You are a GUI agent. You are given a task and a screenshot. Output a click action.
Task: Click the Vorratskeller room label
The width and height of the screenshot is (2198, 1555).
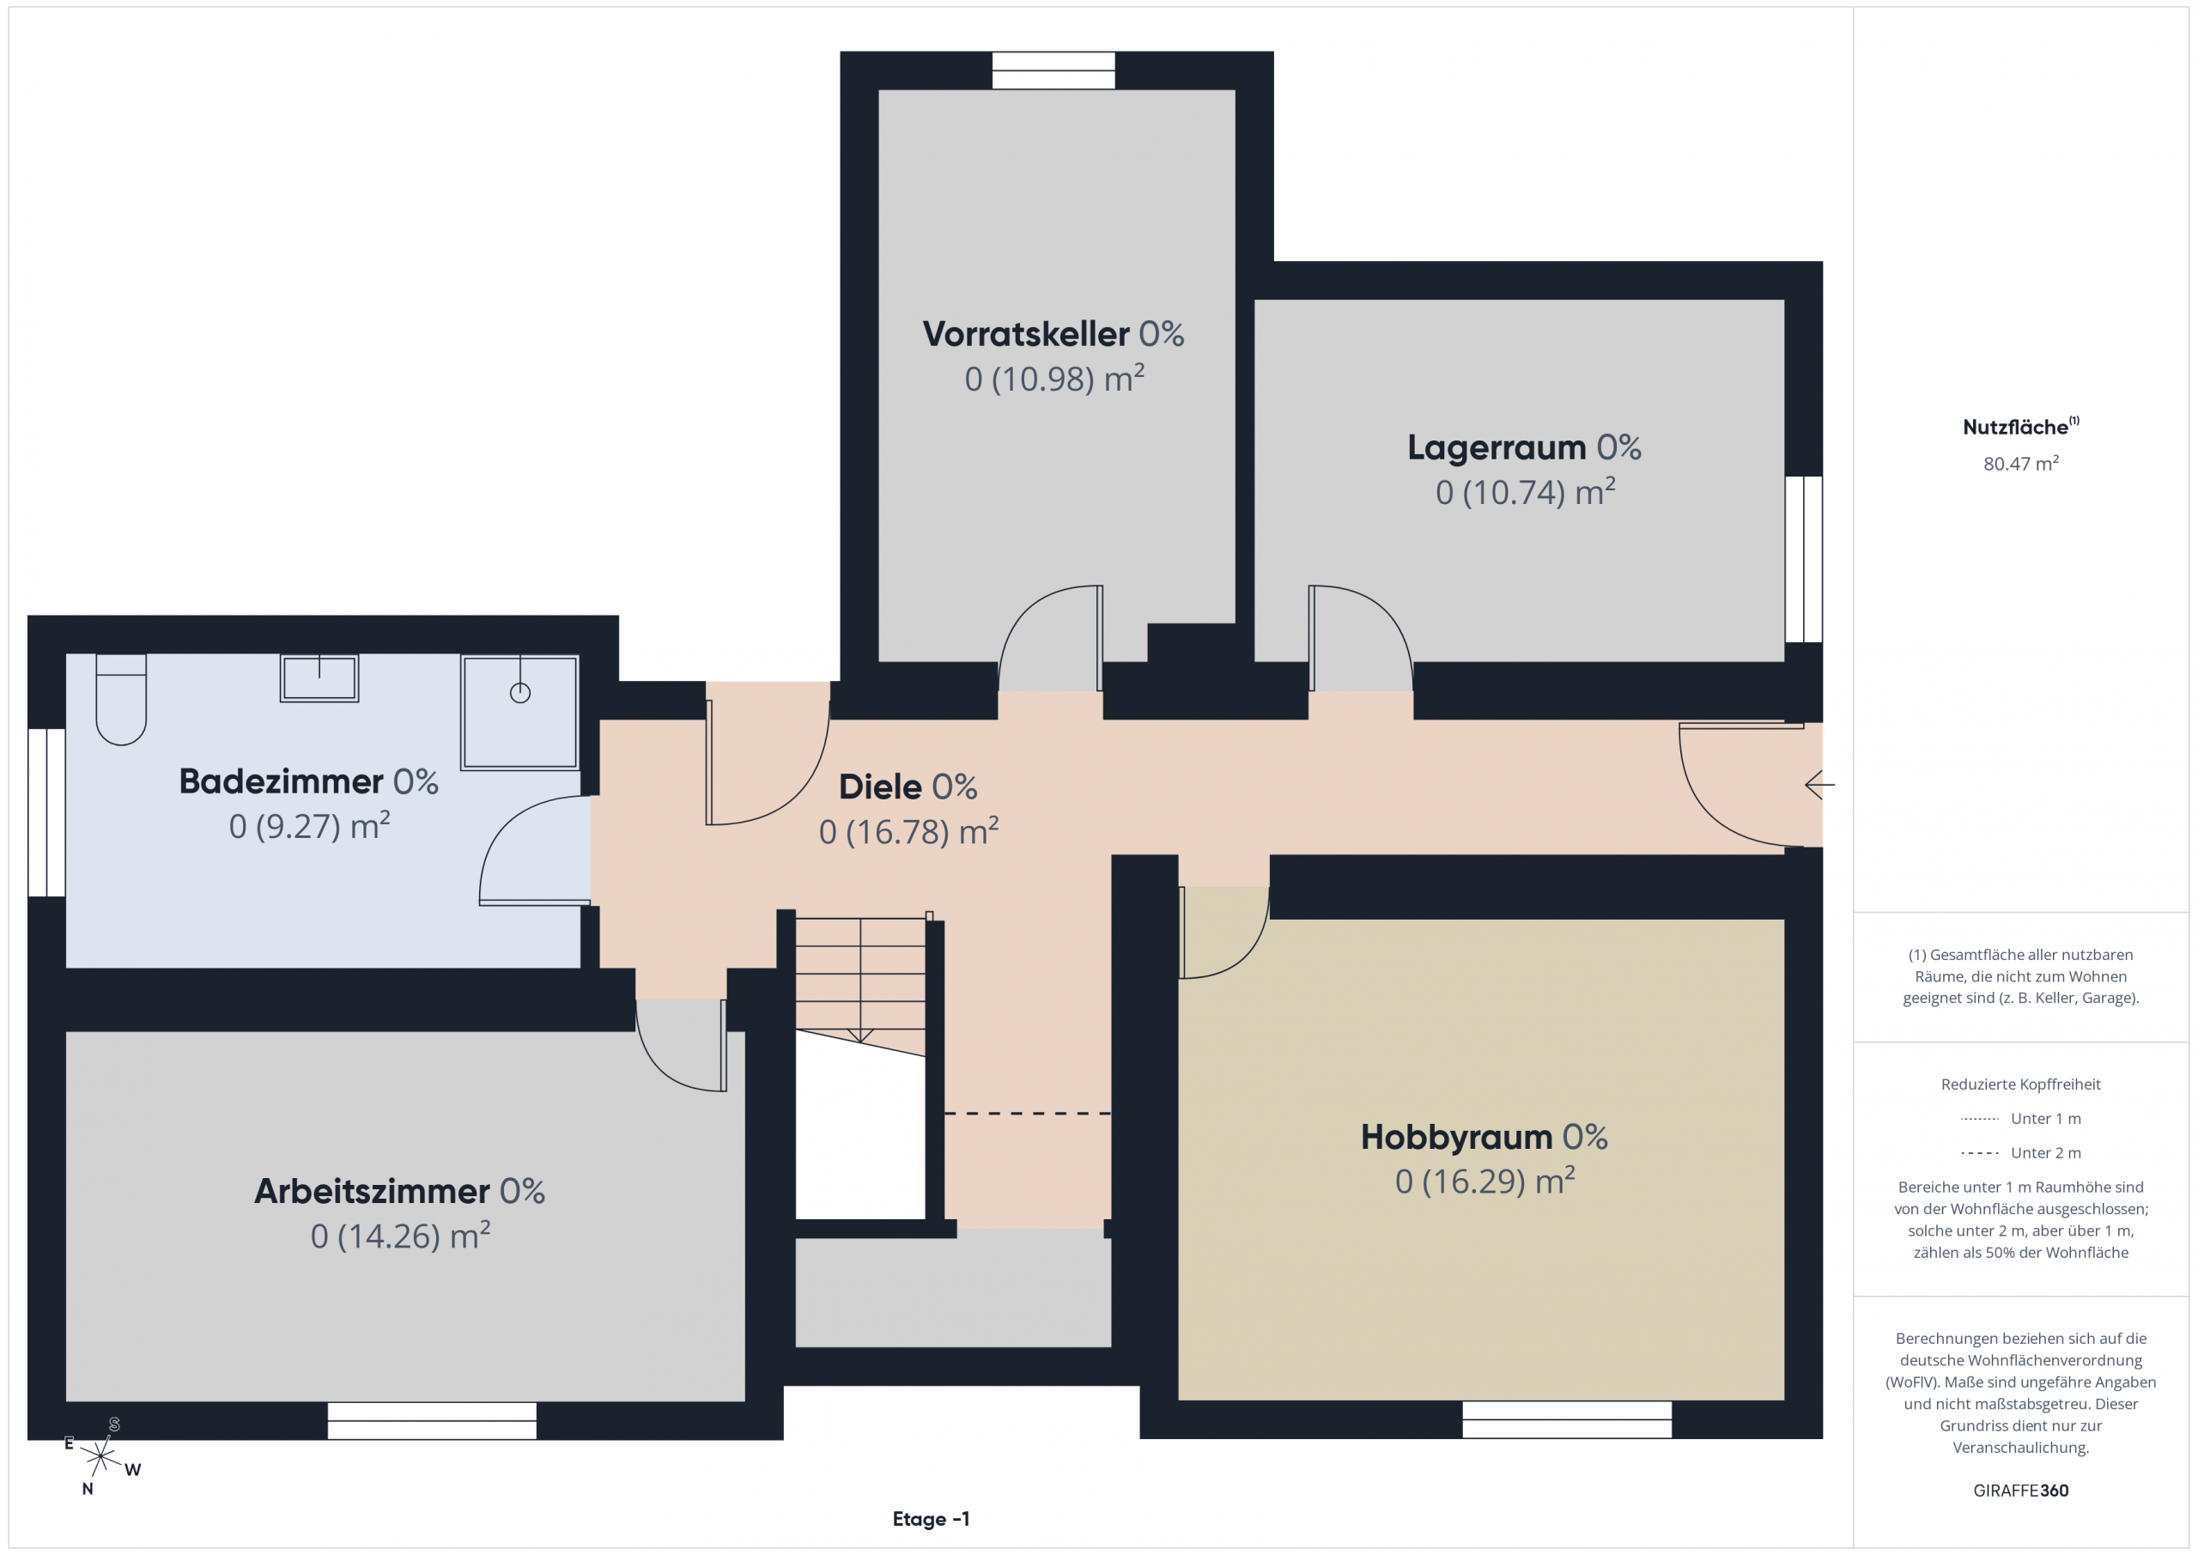tap(1025, 334)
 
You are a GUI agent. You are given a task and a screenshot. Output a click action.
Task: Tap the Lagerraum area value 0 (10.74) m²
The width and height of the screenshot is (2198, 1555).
tap(1525, 491)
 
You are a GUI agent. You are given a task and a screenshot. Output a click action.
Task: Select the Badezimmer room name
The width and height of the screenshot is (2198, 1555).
tap(281, 781)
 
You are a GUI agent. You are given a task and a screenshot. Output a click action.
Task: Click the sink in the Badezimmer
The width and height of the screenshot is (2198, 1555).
tap(319, 678)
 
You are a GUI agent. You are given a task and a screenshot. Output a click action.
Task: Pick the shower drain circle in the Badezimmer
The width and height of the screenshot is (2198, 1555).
tap(519, 693)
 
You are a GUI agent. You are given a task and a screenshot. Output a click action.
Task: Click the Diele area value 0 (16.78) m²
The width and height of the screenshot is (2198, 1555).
tap(908, 831)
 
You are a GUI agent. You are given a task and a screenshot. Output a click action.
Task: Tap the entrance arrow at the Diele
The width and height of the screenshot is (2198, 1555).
tap(1819, 785)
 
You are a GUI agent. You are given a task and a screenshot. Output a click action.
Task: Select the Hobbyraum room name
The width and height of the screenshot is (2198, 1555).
tap(1456, 1137)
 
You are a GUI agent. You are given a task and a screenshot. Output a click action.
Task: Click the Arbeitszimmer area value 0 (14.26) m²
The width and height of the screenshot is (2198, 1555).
tap(400, 1236)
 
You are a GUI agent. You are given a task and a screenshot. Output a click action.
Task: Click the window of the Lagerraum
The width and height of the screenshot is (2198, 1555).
tap(1804, 559)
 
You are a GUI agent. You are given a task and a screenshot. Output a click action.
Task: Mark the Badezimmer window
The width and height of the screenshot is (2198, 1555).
tap(46, 813)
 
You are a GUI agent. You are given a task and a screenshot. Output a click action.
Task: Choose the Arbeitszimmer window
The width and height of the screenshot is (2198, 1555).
tap(432, 1421)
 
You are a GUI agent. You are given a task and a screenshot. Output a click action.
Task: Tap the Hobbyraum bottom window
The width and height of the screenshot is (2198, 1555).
tap(1567, 1420)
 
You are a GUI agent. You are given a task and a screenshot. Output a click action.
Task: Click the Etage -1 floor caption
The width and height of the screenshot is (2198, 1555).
tap(931, 1520)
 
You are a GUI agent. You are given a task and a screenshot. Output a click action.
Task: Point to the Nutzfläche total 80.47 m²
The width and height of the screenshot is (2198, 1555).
tap(2021, 464)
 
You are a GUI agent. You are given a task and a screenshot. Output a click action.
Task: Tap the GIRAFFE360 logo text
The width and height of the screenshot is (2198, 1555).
tap(2021, 1491)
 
